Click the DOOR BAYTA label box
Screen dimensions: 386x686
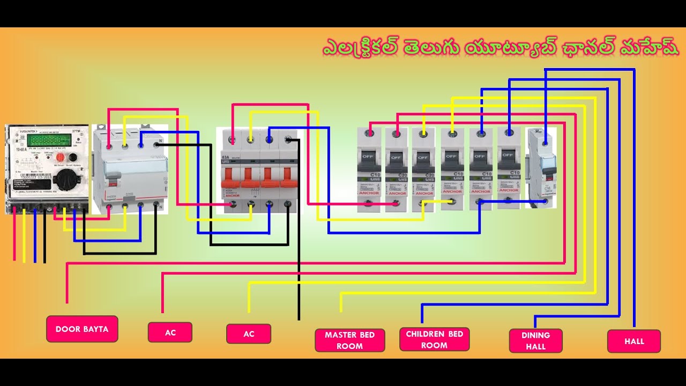coord(82,329)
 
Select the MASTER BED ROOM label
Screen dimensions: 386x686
coord(349,340)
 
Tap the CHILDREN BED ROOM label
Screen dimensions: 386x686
coord(434,339)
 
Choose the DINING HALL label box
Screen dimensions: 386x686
coord(535,341)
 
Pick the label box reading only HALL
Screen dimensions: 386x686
coord(634,341)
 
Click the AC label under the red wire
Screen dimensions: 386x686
coord(170,332)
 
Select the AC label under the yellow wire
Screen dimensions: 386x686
coord(249,333)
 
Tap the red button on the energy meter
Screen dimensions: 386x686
coord(61,157)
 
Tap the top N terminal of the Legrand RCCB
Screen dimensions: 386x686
coord(158,145)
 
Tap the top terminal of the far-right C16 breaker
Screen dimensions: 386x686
coord(545,143)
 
